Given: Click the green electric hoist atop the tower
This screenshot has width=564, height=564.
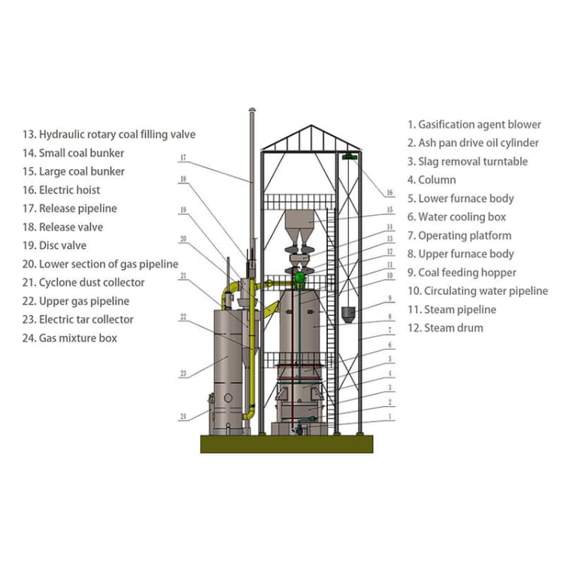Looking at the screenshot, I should pos(348,156).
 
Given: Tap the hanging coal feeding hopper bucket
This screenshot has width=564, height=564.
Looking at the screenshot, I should pos(347,312).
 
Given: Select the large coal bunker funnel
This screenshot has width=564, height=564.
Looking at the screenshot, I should pos(300,223).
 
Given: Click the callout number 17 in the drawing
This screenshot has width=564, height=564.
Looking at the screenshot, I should pos(183,158).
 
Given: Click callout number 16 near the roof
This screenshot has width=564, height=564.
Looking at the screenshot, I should pos(390,193).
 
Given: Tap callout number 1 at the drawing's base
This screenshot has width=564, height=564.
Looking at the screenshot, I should pos(390,416).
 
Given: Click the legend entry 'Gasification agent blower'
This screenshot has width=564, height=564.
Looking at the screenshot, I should pos(474,125).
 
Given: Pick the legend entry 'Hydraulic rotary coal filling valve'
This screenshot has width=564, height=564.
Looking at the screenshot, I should pos(109,135).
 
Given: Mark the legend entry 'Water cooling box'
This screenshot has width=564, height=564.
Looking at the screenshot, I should pos(456,217).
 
